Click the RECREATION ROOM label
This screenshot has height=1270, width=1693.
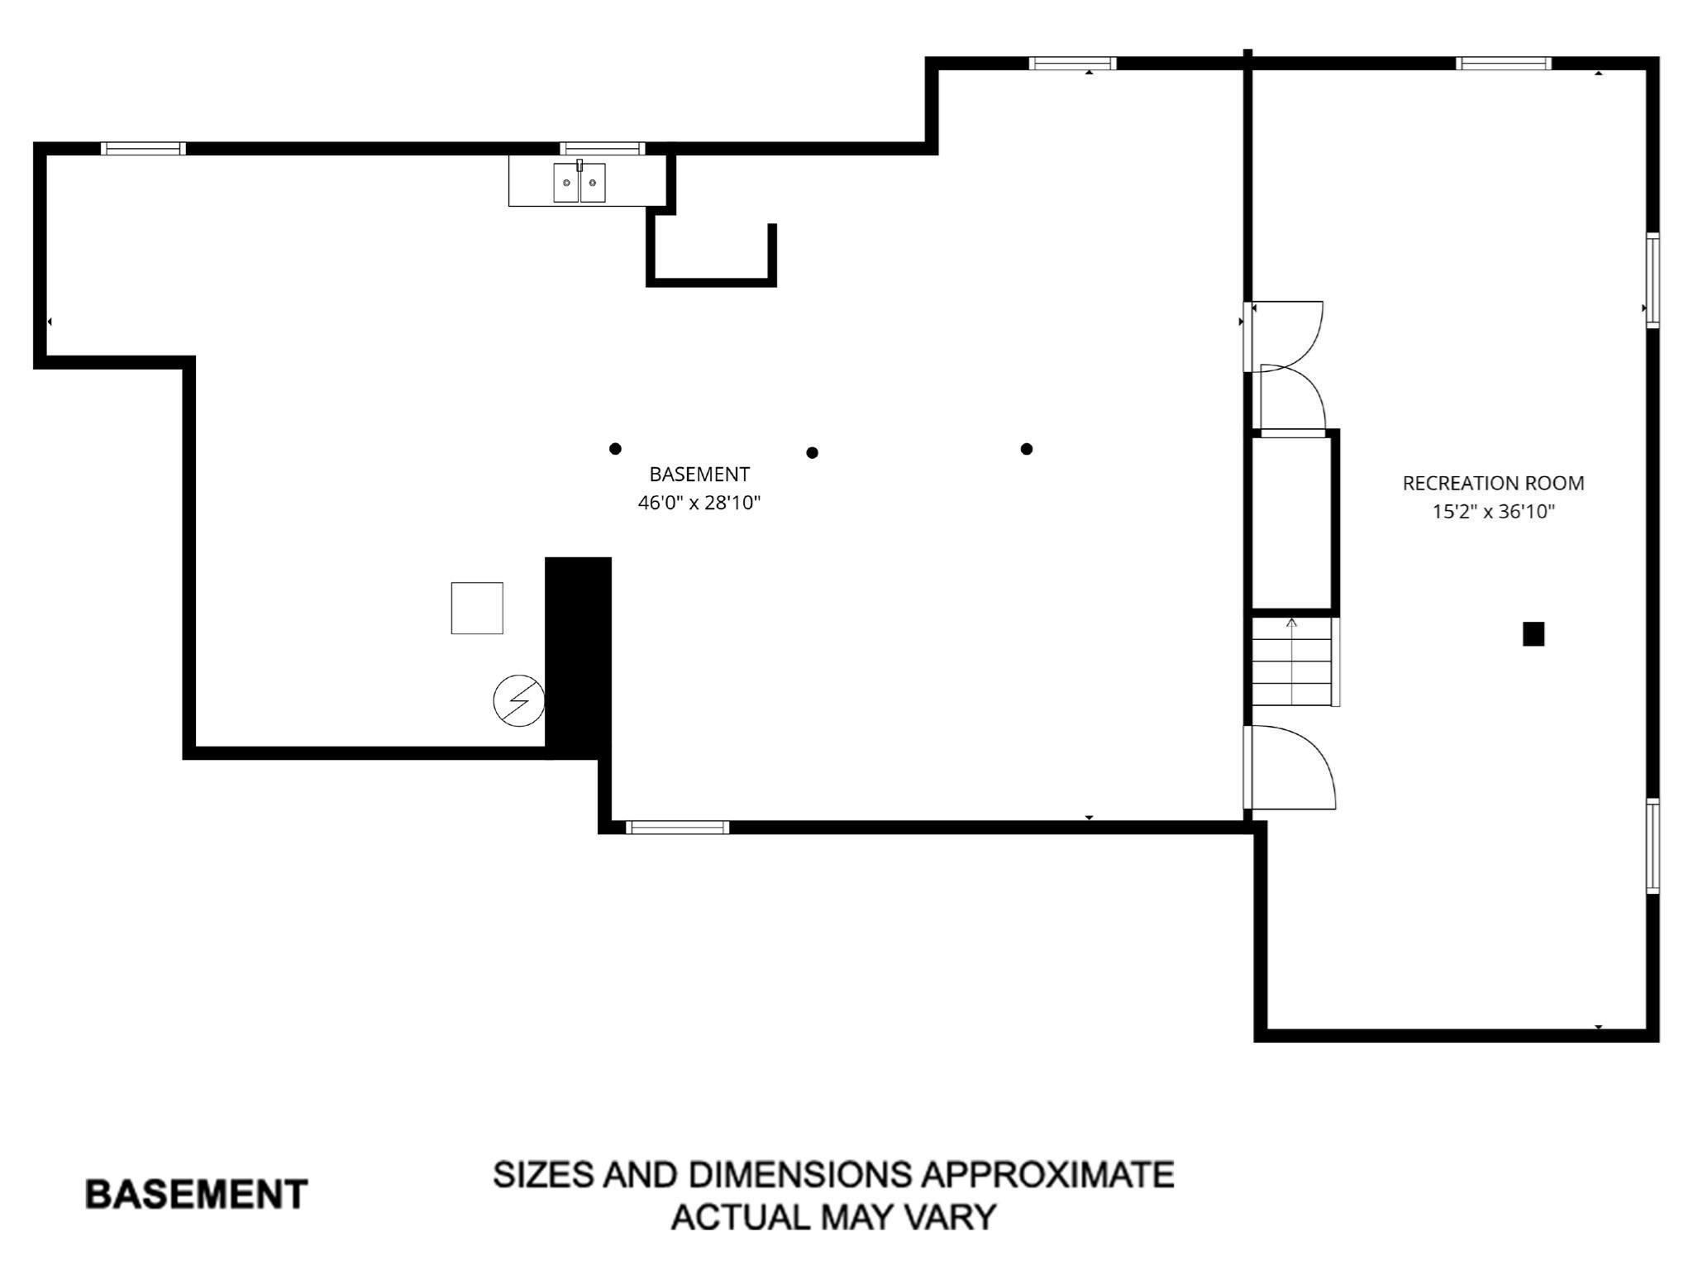1493,483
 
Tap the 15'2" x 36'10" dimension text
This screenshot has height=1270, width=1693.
1493,512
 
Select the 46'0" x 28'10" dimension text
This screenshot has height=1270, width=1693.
699,503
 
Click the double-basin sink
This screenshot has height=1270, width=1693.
579,182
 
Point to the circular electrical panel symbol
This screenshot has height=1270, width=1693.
518,701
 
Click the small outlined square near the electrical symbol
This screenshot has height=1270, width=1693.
477,609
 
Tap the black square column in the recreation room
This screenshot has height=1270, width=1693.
1533,634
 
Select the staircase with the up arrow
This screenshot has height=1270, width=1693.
1293,661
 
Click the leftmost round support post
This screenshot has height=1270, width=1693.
615,449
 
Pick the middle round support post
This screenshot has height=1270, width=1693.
813,453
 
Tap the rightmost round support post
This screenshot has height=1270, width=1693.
1027,449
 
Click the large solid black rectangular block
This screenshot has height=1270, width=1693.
578,653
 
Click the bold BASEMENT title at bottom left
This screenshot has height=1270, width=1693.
197,1195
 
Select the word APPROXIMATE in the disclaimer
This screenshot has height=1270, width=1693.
1047,1175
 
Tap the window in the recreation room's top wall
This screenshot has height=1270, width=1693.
1503,64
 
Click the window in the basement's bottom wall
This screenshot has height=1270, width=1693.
677,828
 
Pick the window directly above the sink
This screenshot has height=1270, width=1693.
602,149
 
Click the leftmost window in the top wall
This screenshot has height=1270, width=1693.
143,149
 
